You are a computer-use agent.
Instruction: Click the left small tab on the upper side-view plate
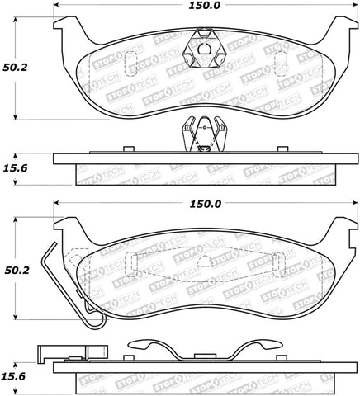127,149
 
